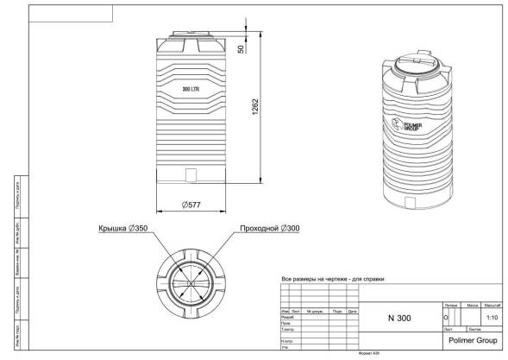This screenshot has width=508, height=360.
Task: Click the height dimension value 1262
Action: (x=254, y=109)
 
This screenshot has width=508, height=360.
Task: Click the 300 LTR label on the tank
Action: (x=191, y=89)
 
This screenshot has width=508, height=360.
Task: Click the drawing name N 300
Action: (x=399, y=318)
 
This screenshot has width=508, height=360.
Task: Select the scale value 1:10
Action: (x=492, y=318)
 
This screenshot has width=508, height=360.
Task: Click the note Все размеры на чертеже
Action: (x=332, y=280)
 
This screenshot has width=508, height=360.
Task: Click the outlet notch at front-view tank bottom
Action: (x=191, y=176)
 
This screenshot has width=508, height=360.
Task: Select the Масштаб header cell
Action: (x=492, y=306)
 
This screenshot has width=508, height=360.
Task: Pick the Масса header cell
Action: (x=472, y=306)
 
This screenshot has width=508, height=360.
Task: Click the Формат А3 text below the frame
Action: (x=369, y=353)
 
